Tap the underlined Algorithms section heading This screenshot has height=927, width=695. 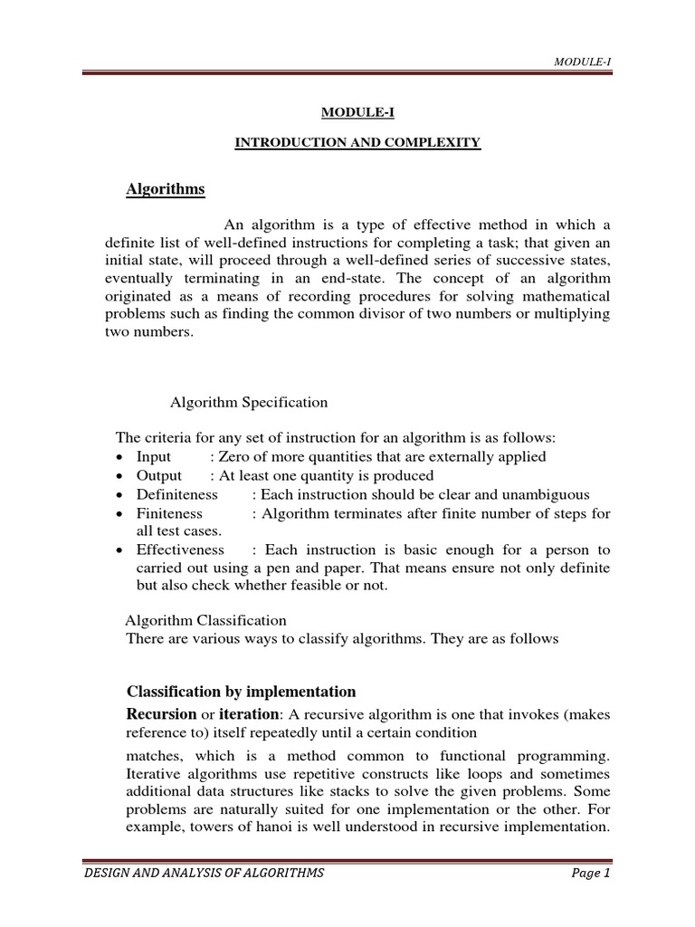tap(165, 189)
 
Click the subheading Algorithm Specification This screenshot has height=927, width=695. tap(249, 402)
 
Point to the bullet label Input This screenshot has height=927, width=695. tap(153, 456)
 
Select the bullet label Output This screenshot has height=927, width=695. tap(158, 475)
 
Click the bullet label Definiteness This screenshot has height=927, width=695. tap(176, 494)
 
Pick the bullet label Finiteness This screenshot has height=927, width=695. tap(169, 513)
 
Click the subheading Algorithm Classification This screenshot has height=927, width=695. tap(205, 620)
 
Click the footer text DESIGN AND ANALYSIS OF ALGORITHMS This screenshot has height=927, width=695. tap(204, 873)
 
